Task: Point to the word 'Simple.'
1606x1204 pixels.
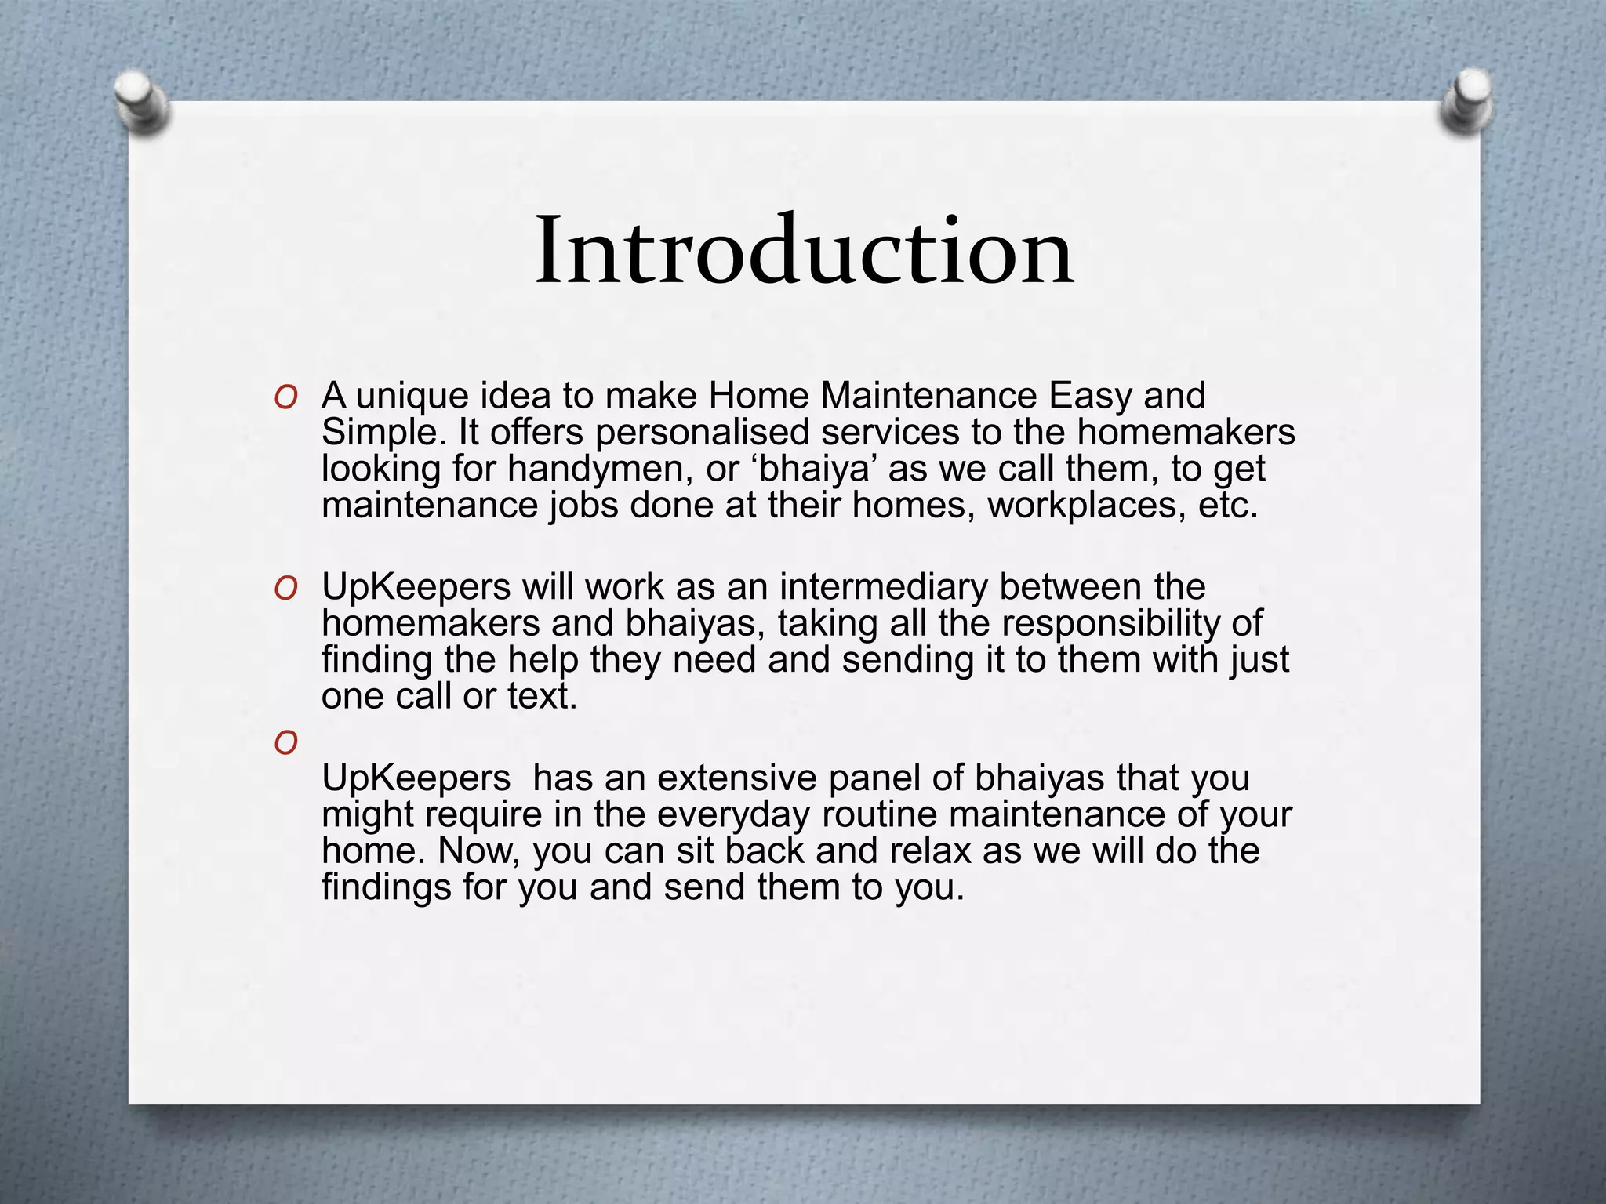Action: tap(383, 433)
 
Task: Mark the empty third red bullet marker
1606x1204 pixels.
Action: tap(285, 742)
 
